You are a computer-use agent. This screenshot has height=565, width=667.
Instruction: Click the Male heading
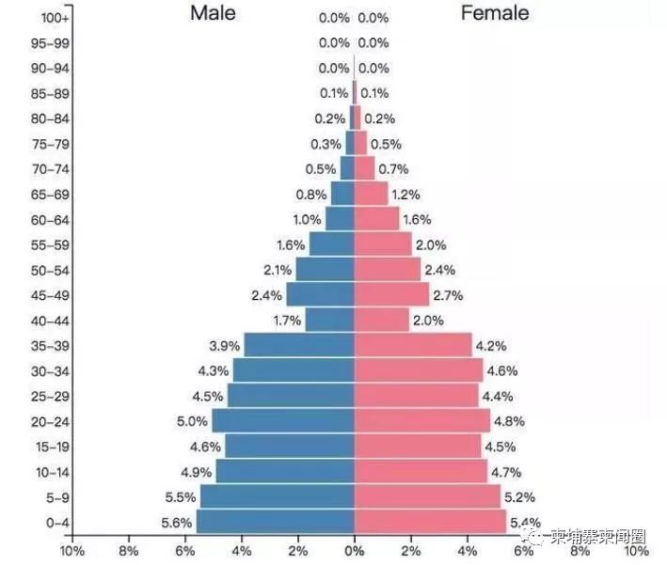[x=213, y=13]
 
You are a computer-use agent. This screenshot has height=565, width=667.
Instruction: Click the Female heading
[x=494, y=13]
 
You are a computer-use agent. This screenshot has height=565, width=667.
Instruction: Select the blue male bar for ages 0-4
[x=275, y=522]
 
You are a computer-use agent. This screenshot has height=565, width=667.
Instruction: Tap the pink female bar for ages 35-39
[x=413, y=345]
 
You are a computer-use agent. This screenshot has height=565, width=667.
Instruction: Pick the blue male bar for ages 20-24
[x=283, y=421]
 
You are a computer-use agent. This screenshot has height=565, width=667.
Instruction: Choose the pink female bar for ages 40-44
[x=382, y=320]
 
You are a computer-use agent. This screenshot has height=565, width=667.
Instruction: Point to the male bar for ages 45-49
[x=320, y=294]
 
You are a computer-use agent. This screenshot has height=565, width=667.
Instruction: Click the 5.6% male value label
[x=177, y=523]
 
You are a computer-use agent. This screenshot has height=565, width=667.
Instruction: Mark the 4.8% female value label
[x=509, y=421]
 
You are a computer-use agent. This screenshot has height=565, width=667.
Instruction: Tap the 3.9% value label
[x=224, y=345]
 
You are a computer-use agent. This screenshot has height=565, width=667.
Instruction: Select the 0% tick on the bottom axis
[x=355, y=551]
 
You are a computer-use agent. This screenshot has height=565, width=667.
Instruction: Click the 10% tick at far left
[x=71, y=551]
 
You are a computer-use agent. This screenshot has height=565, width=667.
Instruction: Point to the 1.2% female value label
[x=405, y=195]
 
